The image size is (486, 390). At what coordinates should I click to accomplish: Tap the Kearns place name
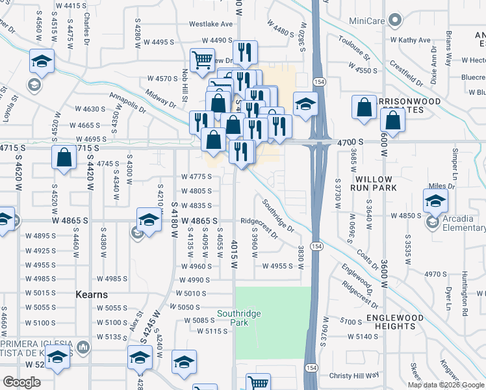(91, 294)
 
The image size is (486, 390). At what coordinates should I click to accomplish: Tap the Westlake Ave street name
(211, 24)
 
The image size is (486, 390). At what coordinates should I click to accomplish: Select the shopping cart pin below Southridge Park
(259, 383)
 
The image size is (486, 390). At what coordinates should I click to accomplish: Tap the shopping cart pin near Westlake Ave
(203, 60)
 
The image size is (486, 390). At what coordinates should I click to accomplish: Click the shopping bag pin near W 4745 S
(63, 157)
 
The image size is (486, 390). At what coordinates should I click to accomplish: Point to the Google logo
(21, 382)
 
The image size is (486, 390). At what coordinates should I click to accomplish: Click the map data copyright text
(446, 385)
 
